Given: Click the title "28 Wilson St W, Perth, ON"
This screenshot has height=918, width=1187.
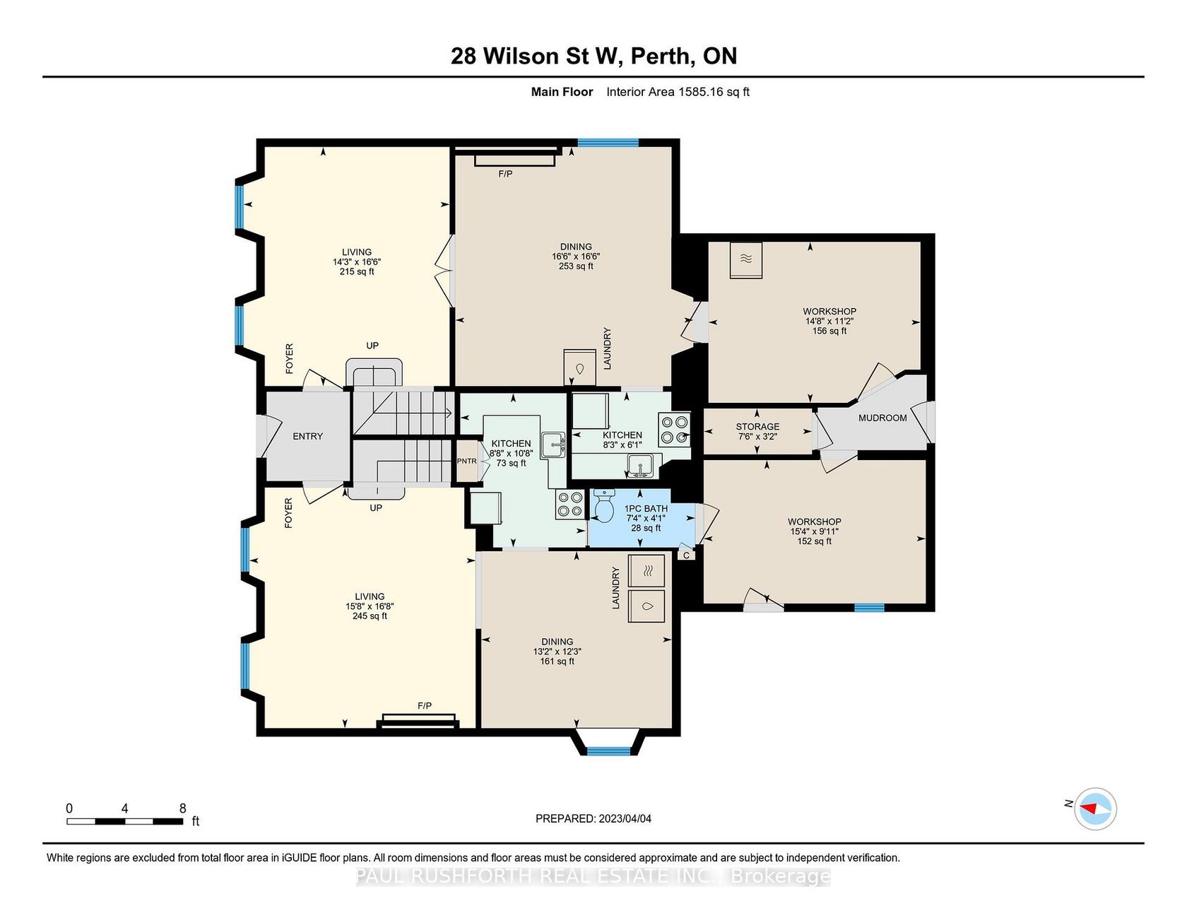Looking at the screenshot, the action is coord(593,56).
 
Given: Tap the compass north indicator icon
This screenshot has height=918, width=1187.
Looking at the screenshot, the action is coord(1095,808).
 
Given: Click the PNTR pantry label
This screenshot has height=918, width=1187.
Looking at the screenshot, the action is coord(466,461).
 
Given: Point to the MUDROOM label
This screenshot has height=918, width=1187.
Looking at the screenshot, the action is coord(882,418).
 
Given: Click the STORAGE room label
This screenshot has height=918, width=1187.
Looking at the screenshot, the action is coord(757,427).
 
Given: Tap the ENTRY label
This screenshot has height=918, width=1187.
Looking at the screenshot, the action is coord(307,436).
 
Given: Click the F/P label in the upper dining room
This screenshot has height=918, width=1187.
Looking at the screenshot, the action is coord(505,174).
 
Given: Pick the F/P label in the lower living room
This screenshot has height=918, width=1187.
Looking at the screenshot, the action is coord(425,706).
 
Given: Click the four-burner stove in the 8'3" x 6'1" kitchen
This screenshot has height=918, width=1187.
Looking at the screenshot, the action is coord(674,430).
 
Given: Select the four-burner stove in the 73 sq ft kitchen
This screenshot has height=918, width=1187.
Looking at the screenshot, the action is coord(569,504).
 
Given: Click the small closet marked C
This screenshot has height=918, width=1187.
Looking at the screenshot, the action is coord(686,555).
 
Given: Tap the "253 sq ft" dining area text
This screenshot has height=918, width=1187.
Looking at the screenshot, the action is coord(576,266).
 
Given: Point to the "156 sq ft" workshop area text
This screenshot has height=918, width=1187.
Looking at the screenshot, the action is coord(829,331).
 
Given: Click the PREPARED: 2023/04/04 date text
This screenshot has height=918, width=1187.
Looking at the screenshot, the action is coord(593,819).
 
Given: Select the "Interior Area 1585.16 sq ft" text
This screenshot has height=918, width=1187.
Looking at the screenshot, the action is coord(678,92).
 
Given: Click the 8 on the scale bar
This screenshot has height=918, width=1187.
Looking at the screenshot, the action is coord(182,808).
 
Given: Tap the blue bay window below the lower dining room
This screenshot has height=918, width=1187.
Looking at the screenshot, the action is coord(608,751).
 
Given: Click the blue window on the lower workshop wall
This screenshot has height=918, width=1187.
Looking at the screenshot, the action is coord(869,607).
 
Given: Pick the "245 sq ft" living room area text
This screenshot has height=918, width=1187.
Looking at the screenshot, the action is coord(370,616).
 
